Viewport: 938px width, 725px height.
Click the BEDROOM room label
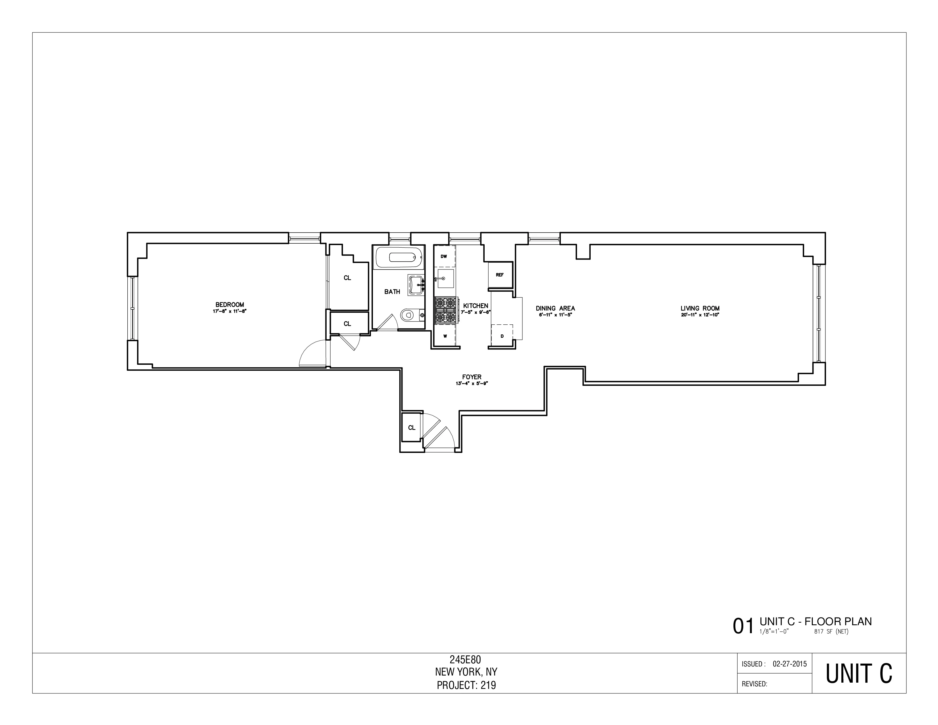[x=230, y=304]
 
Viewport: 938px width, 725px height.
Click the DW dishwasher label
[x=444, y=256]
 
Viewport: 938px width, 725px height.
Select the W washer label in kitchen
[x=445, y=336]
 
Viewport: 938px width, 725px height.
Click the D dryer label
[x=502, y=336]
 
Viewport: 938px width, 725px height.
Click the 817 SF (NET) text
[x=831, y=632]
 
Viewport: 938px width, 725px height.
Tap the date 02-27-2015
[x=789, y=664]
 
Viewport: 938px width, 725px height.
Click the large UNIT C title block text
[x=858, y=674]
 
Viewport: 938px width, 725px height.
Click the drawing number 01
[x=743, y=626]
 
